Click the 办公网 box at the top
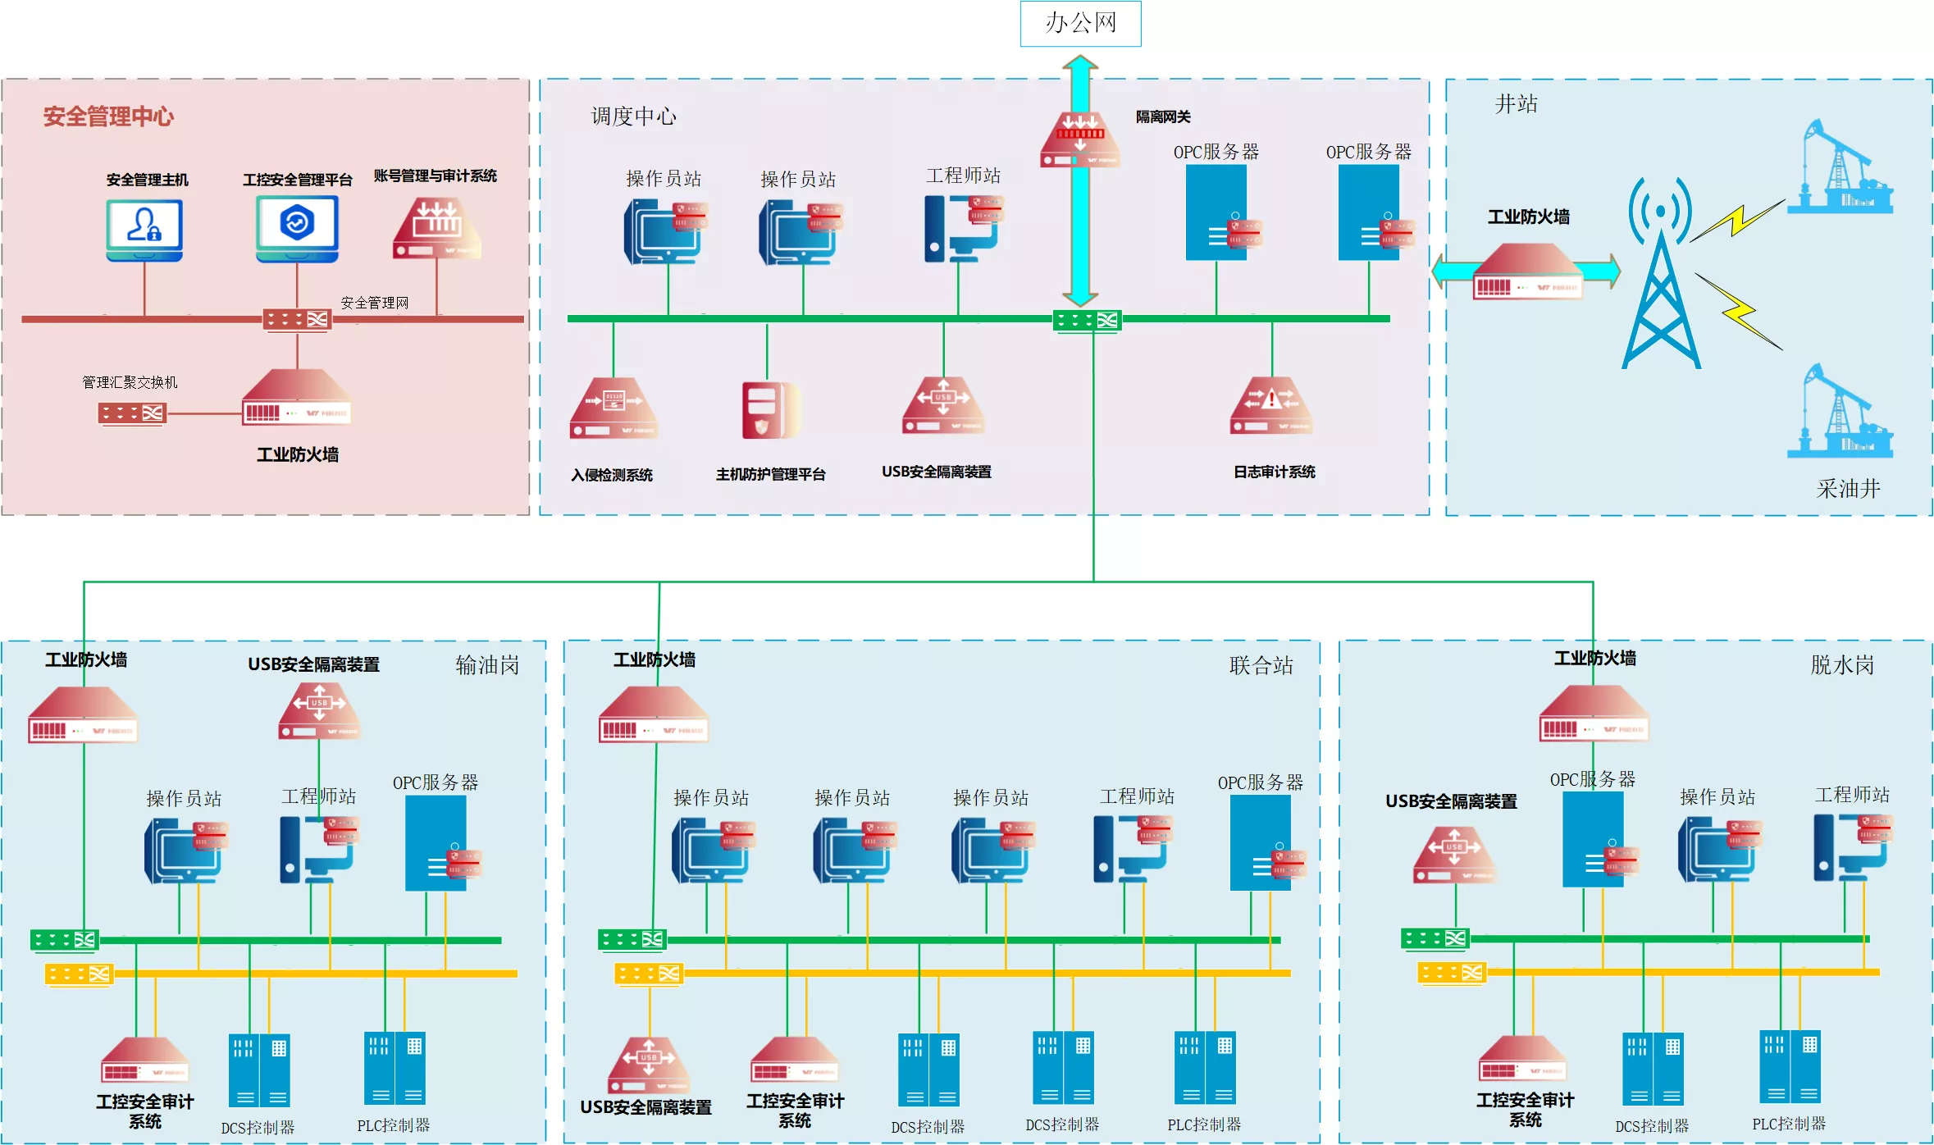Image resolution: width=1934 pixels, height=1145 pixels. click(1080, 23)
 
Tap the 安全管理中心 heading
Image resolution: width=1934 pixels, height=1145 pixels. click(108, 116)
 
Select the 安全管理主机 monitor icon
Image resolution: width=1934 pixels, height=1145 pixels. click(144, 230)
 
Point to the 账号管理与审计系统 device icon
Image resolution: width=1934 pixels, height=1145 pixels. click(436, 228)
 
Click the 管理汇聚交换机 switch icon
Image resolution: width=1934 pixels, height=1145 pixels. click(132, 413)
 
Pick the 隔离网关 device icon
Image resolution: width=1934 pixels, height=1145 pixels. click(1080, 139)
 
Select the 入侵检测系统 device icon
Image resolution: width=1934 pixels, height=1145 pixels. click(613, 408)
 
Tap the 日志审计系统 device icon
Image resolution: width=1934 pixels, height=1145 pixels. click(1271, 405)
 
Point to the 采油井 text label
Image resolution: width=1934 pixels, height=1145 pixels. click(1848, 489)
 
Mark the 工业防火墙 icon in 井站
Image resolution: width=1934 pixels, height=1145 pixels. click(1528, 271)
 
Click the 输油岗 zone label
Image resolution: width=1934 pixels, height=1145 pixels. click(487, 664)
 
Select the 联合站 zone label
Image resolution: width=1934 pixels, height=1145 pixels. click(1261, 665)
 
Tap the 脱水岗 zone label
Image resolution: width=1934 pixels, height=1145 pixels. click(1842, 664)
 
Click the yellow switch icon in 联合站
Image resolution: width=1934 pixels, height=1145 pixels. click(649, 974)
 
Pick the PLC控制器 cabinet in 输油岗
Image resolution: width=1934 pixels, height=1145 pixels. click(395, 1068)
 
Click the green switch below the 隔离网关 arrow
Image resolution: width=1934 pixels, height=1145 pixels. click(1087, 320)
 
